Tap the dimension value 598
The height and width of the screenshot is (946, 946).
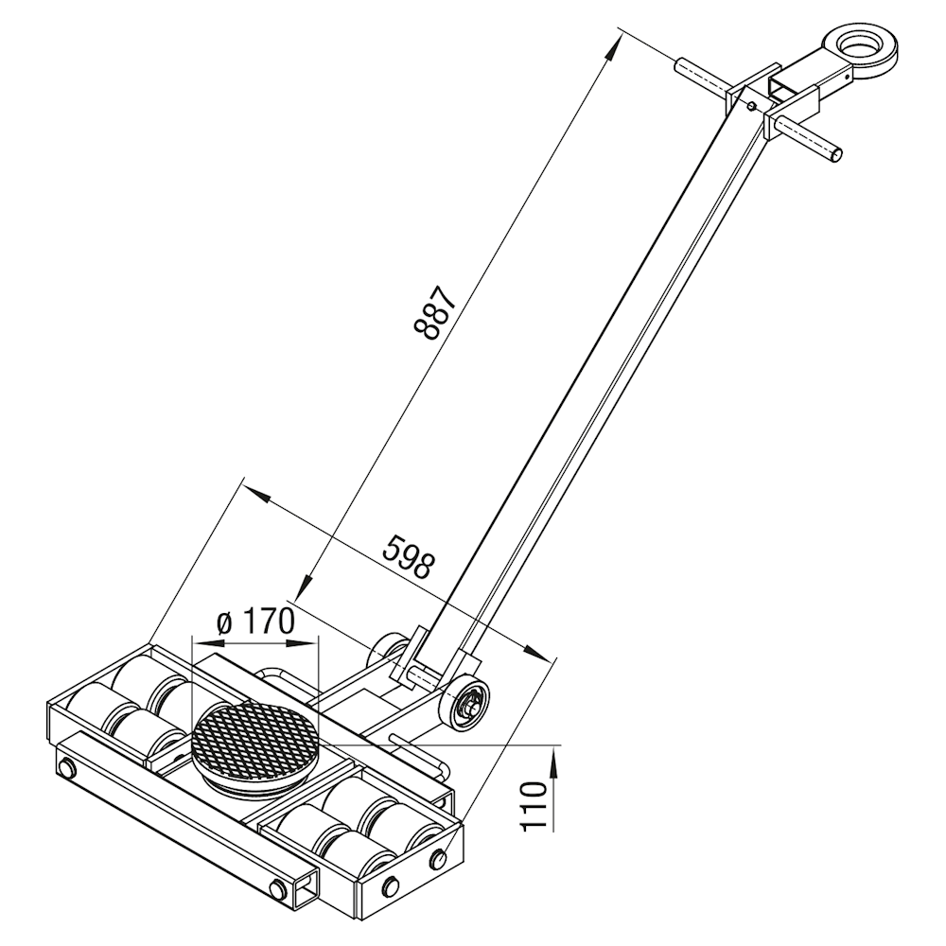point(408,556)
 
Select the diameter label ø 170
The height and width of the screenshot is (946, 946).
point(255,622)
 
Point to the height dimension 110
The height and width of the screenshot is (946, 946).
point(534,806)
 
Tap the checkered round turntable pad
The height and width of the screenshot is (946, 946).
point(254,740)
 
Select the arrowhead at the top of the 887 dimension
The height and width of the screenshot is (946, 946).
point(612,47)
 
